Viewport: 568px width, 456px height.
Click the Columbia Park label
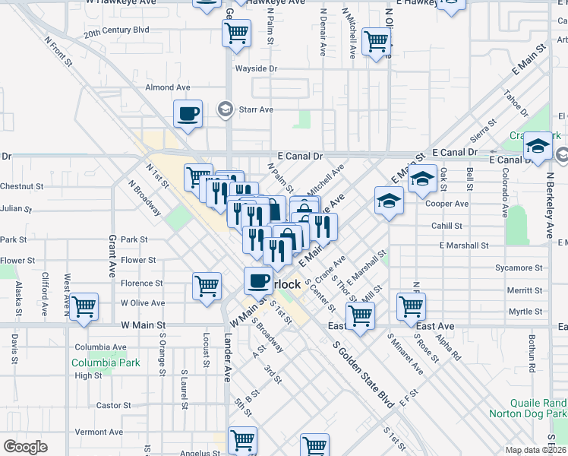point(106,363)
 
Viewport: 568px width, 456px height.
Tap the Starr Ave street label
point(256,109)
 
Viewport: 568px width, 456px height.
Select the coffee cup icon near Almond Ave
point(188,115)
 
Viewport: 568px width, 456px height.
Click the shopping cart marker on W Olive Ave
point(84,307)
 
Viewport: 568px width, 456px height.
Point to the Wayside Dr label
point(256,68)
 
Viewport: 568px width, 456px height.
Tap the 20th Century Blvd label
point(115,33)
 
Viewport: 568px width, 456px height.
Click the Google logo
point(25,446)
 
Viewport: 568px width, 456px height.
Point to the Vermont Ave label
point(99,432)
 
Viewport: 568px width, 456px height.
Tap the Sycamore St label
point(519,268)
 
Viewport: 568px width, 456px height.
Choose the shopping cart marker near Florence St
point(207,287)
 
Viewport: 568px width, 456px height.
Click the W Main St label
point(144,325)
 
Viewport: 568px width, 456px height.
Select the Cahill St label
point(447,226)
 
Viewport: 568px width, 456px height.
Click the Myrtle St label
point(525,312)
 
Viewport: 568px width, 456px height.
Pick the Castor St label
point(115,406)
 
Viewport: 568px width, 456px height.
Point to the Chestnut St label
point(22,186)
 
